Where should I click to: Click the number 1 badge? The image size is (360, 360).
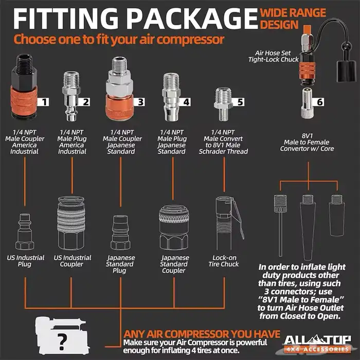(43, 102)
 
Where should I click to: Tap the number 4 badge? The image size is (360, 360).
(185, 102)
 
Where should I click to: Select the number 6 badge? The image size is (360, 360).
(319, 102)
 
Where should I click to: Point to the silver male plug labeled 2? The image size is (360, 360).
(71, 96)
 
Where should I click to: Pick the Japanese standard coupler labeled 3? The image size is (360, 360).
(119, 88)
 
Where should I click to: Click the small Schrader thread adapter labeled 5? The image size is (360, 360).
(223, 104)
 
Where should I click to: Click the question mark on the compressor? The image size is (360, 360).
(62, 341)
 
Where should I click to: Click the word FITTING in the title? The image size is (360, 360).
(66, 19)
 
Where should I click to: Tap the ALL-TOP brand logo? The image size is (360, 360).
(317, 343)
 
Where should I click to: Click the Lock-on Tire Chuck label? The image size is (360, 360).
(224, 261)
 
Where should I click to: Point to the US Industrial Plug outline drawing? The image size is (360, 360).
(25, 231)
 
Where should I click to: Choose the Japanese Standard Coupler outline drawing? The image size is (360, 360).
(174, 227)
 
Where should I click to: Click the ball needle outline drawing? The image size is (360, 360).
(280, 225)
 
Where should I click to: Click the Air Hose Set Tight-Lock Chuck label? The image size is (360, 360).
(273, 56)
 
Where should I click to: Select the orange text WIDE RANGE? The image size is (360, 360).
(293, 13)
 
